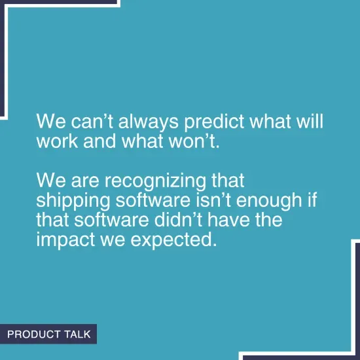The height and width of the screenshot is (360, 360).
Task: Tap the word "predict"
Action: [214, 123]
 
